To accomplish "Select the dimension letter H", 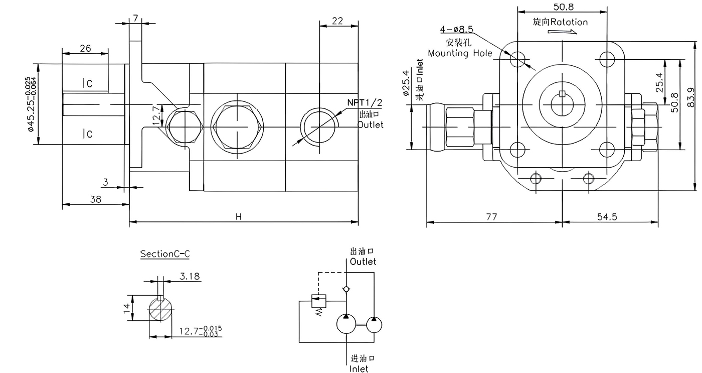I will click(x=239, y=217).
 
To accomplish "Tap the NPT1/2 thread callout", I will click(x=365, y=103).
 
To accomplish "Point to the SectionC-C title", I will click(x=164, y=254).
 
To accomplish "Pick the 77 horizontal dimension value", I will click(x=491, y=217).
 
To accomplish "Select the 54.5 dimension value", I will click(x=608, y=217).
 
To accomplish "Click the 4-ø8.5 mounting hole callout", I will click(x=456, y=29).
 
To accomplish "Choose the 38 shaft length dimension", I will click(x=95, y=199).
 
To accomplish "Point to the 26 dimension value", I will click(x=85, y=49).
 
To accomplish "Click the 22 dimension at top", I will click(x=337, y=21).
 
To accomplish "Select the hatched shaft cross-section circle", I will click(x=161, y=310).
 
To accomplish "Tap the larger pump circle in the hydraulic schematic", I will click(x=346, y=325).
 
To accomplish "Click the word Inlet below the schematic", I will click(x=359, y=369).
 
